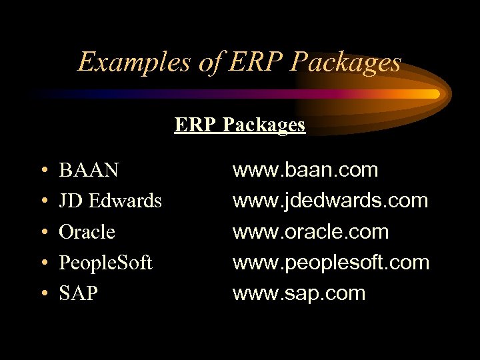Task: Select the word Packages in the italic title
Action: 347,63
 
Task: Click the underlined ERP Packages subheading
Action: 240,125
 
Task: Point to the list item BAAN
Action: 89,171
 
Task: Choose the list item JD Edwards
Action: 111,201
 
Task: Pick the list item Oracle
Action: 87,232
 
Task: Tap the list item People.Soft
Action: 105,263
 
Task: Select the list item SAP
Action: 79,293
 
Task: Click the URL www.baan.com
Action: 305,171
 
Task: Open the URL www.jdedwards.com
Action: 330,201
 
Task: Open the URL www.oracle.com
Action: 310,232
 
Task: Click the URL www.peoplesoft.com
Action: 331,263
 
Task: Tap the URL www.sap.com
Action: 299,293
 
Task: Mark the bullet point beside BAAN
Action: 43,171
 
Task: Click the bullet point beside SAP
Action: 43,294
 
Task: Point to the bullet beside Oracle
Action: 43,233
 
